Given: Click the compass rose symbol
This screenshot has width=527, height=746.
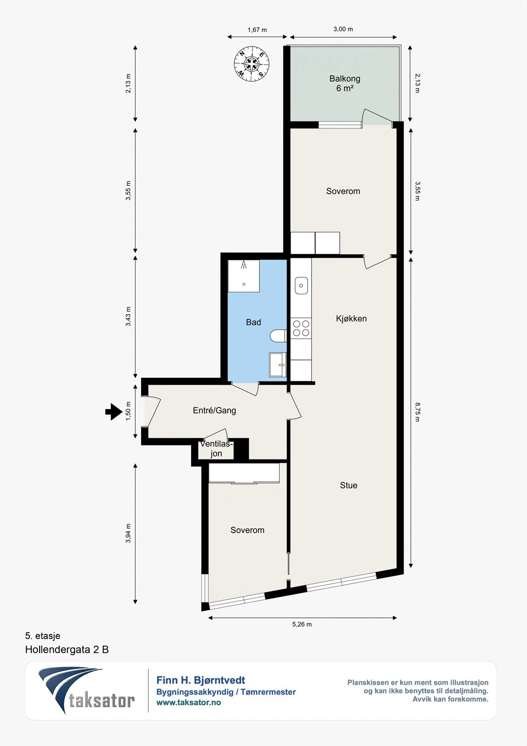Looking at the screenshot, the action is [x=251, y=63].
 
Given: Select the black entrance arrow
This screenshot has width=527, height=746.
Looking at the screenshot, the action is [x=114, y=412].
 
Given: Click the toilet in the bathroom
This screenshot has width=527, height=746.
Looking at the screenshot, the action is [x=278, y=336].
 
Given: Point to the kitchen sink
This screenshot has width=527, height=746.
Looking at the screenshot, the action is [x=301, y=285].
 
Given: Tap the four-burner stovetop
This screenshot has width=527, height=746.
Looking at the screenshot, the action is [x=301, y=328].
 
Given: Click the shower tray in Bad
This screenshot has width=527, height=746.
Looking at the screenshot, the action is [x=244, y=276].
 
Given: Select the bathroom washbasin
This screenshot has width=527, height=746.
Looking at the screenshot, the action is [x=278, y=365].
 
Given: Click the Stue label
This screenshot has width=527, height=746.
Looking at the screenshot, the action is [x=349, y=485].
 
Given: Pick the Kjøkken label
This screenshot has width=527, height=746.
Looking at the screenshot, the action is [x=351, y=319].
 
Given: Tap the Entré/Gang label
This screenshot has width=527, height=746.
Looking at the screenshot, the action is [x=214, y=410].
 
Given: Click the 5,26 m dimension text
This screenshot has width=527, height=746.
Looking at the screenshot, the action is [x=302, y=624].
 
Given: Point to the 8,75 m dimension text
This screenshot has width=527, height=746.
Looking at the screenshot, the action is [x=417, y=412].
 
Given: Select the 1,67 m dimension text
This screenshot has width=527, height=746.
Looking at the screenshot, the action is [x=257, y=30].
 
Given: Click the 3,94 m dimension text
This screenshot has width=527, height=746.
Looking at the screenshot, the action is [x=128, y=533].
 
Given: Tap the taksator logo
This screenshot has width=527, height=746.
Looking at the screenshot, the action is [x=87, y=691].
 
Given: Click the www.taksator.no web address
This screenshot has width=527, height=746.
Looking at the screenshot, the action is [x=189, y=702].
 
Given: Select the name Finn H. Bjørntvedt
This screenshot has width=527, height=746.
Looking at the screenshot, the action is [x=201, y=680].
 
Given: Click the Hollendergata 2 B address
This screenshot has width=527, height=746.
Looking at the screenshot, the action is [x=67, y=650].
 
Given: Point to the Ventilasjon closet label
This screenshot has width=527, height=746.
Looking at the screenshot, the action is [x=216, y=449].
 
